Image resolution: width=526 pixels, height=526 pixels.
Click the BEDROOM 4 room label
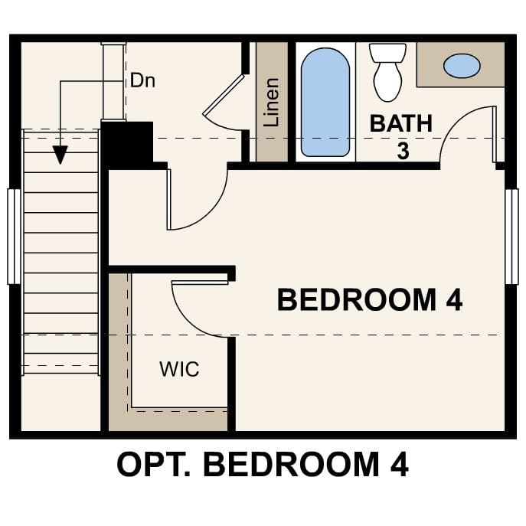click(x=369, y=299)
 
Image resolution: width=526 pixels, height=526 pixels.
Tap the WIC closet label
click(x=179, y=369)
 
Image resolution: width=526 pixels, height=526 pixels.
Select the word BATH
click(x=401, y=123)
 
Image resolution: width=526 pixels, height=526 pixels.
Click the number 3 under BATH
click(x=403, y=150)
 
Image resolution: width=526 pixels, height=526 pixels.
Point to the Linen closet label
click(x=271, y=102)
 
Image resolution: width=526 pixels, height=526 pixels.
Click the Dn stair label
click(x=142, y=80)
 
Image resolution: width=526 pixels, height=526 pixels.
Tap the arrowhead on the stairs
click(x=60, y=155)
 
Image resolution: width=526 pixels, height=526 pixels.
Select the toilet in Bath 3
click(x=387, y=75)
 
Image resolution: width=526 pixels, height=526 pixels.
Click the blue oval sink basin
click(x=462, y=66)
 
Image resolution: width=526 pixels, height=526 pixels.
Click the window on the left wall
click(x=13, y=236)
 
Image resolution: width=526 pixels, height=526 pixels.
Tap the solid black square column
click(x=126, y=143)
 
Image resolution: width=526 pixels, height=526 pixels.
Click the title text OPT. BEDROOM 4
click(x=263, y=465)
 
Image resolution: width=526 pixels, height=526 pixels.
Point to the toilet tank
click(x=387, y=53)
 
